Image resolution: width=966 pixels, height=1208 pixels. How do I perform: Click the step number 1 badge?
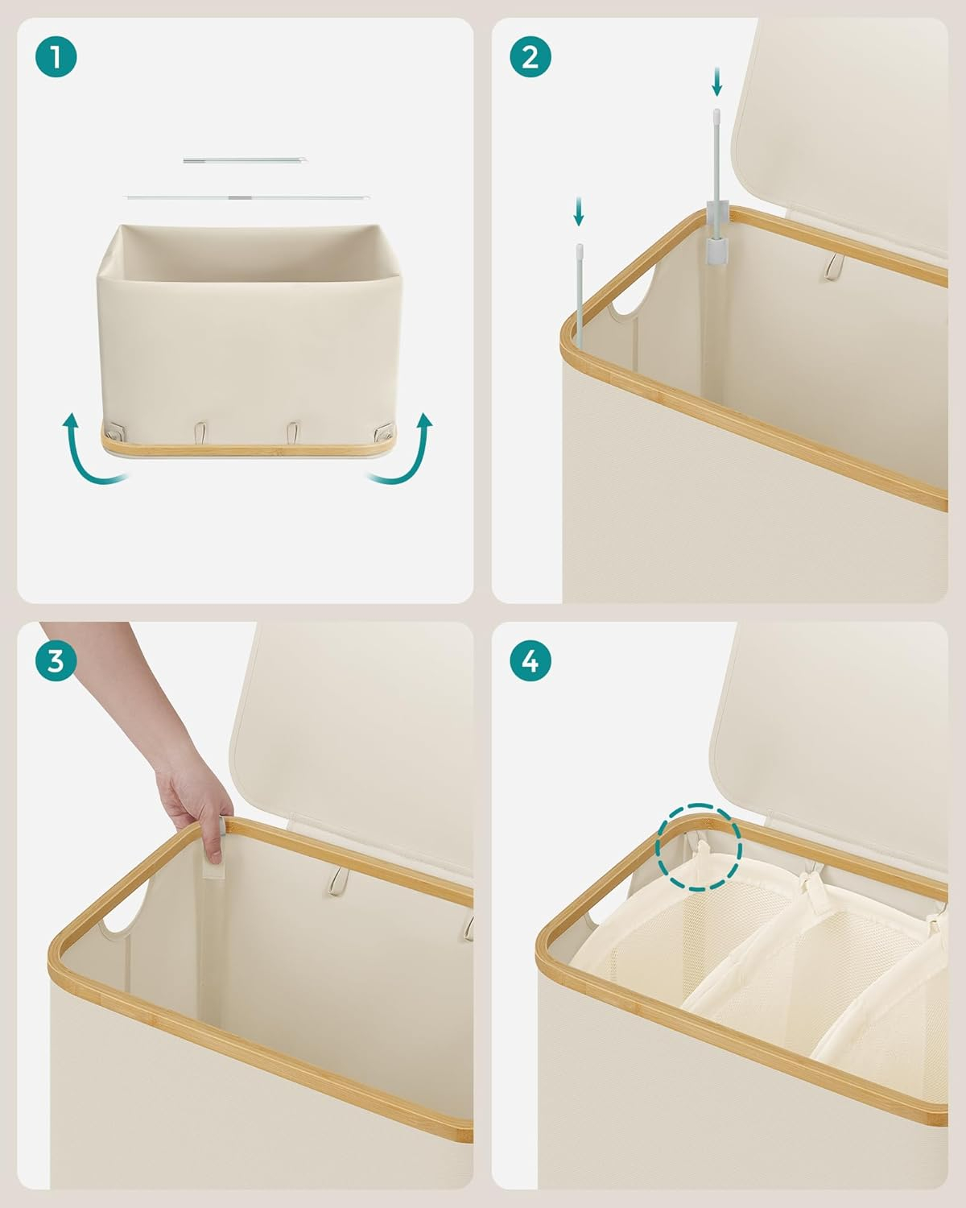(x=56, y=56)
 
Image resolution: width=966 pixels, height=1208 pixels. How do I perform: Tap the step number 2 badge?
(x=530, y=56)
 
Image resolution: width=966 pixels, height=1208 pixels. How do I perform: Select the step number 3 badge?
(x=56, y=660)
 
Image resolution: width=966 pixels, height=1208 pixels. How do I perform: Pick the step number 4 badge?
(x=530, y=660)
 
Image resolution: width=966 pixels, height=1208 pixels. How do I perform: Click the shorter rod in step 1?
(x=245, y=160)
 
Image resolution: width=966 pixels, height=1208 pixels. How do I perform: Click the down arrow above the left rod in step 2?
(x=579, y=211)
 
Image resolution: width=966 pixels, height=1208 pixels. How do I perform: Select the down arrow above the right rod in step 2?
(x=716, y=82)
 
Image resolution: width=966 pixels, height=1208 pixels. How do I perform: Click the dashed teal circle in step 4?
(x=700, y=847)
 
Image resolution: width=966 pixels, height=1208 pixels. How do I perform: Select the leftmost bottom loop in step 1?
(x=117, y=432)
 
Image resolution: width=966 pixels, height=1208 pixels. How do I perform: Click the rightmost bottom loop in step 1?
(x=384, y=432)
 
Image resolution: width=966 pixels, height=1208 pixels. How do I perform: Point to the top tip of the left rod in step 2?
(x=580, y=246)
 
